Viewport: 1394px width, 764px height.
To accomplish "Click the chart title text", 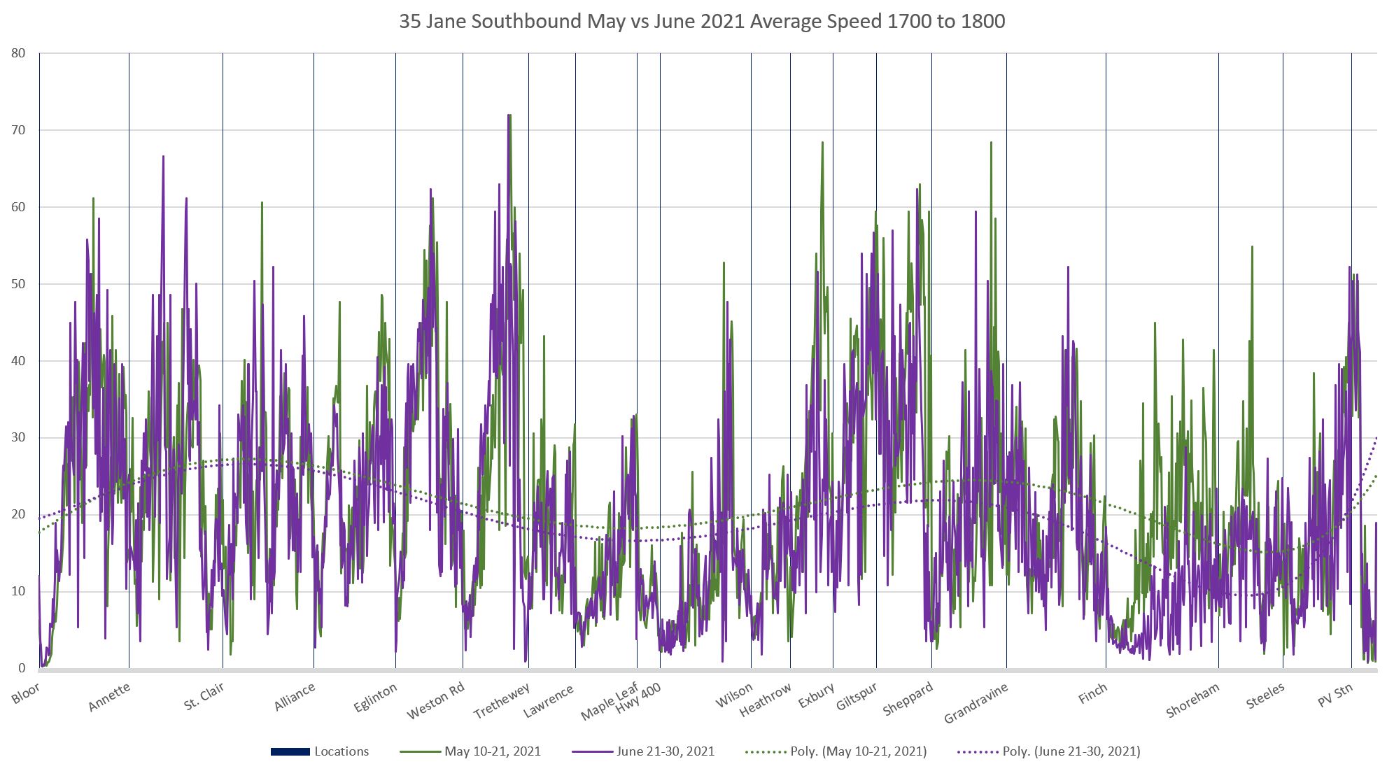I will [x=702, y=21].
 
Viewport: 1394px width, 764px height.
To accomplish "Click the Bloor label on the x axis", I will [x=26, y=693].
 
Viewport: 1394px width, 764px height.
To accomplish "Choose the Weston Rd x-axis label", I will [x=436, y=700].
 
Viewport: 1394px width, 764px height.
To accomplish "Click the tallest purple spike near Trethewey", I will [x=508, y=115].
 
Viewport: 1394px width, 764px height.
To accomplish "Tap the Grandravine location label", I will [x=976, y=702].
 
